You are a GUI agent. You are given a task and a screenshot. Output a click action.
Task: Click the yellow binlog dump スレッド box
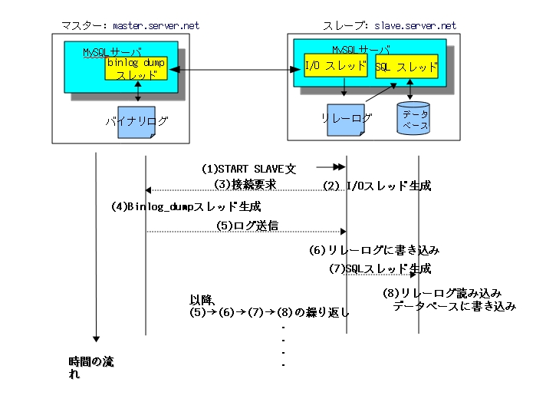point(136,68)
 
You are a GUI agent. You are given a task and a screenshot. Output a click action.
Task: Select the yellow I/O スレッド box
point(336,67)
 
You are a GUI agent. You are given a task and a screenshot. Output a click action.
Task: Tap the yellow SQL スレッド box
point(407,67)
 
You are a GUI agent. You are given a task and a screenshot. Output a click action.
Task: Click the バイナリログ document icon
point(136,122)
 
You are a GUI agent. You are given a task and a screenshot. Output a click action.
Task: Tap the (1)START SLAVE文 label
point(248,168)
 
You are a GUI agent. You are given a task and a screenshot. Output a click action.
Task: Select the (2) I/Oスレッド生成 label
point(377,186)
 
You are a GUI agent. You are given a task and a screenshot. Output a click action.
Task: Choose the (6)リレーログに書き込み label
point(373,250)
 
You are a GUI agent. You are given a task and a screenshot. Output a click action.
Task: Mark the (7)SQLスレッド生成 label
point(380,268)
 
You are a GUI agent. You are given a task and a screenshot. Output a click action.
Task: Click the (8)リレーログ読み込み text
point(442,293)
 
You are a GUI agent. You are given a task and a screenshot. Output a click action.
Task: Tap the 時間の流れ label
point(90,367)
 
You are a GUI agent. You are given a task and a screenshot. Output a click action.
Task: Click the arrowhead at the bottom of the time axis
point(96,338)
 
